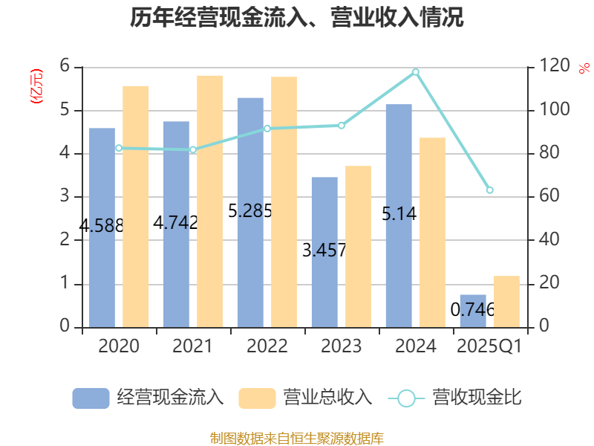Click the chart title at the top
click(x=296, y=18)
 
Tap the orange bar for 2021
click(x=209, y=201)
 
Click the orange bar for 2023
click(x=358, y=246)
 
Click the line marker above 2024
click(x=415, y=72)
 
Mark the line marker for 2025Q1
click(x=489, y=190)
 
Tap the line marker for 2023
click(x=341, y=126)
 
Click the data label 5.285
click(x=250, y=211)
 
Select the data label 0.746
click(x=473, y=309)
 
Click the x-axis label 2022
click(x=267, y=346)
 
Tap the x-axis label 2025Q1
click(x=489, y=346)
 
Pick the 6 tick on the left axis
click(x=65, y=67)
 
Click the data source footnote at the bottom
click(x=296, y=438)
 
